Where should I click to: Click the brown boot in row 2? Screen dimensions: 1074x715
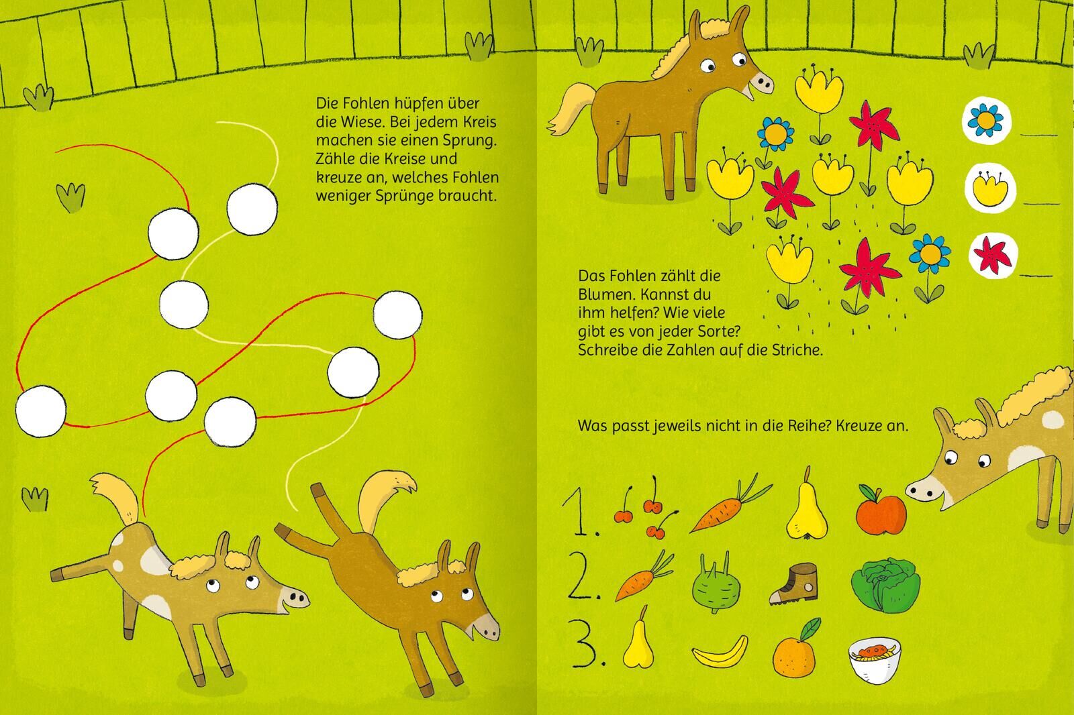tap(793, 584)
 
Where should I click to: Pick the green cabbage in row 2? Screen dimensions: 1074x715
tap(885, 585)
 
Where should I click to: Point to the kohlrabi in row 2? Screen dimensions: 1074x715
tap(716, 582)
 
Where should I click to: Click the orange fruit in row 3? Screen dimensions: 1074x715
tap(795, 649)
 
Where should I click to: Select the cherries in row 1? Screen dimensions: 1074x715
tap(646, 507)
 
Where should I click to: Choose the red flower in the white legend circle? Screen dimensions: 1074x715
tap(993, 255)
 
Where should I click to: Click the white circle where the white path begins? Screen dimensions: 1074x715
tap(252, 209)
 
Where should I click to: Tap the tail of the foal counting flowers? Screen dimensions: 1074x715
tap(571, 108)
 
